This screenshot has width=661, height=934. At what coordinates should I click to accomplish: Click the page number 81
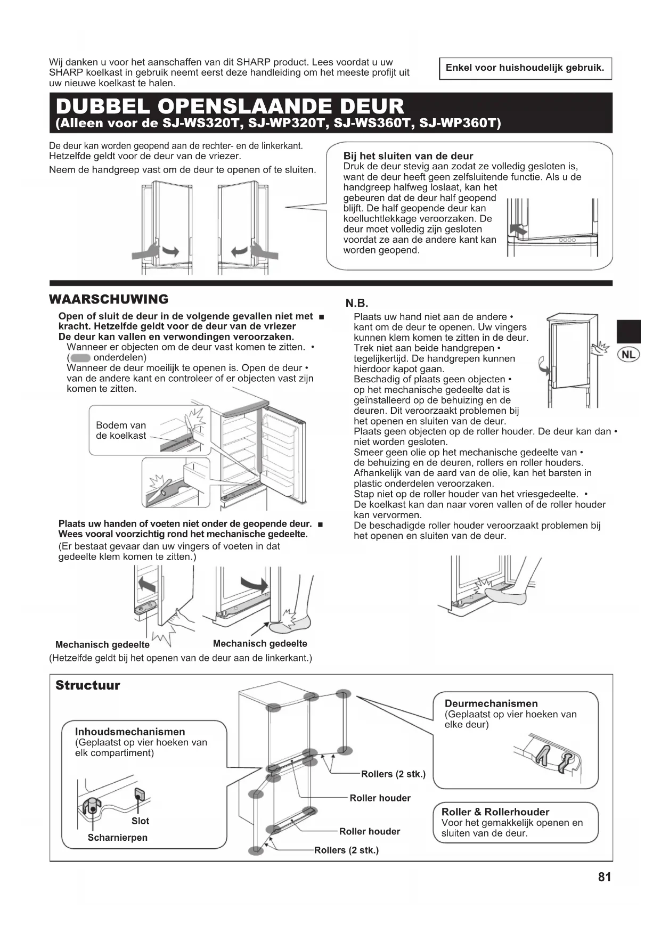(605, 878)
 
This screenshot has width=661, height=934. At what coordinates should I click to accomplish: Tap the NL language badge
(629, 354)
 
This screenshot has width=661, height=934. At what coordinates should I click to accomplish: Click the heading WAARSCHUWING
(109, 299)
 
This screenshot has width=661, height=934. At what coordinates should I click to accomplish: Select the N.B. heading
(357, 304)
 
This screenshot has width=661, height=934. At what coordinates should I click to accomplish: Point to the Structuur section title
(88, 685)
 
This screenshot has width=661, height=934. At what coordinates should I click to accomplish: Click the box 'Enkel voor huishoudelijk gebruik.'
(525, 68)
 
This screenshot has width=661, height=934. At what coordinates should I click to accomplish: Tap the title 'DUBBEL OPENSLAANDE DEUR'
(230, 106)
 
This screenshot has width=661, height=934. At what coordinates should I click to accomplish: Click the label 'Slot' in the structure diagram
(140, 821)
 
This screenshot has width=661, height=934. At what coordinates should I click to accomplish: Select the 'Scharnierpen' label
(118, 838)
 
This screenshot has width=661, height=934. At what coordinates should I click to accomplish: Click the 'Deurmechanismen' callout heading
(491, 703)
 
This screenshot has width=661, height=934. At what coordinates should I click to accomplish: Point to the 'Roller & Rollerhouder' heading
(495, 812)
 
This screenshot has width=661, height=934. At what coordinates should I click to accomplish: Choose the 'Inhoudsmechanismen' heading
(130, 732)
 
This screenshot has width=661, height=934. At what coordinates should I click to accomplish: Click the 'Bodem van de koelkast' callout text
(121, 430)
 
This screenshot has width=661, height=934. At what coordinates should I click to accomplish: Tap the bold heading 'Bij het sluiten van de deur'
(408, 156)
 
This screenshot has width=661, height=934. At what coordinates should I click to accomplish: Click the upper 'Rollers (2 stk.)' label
(393, 774)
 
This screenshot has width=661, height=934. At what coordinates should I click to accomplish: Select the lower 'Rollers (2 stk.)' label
(346, 850)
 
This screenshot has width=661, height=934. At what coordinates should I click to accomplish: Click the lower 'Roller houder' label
(370, 832)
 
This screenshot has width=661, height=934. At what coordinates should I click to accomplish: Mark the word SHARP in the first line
(254, 62)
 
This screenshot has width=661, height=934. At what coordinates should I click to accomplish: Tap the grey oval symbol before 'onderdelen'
(80, 358)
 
